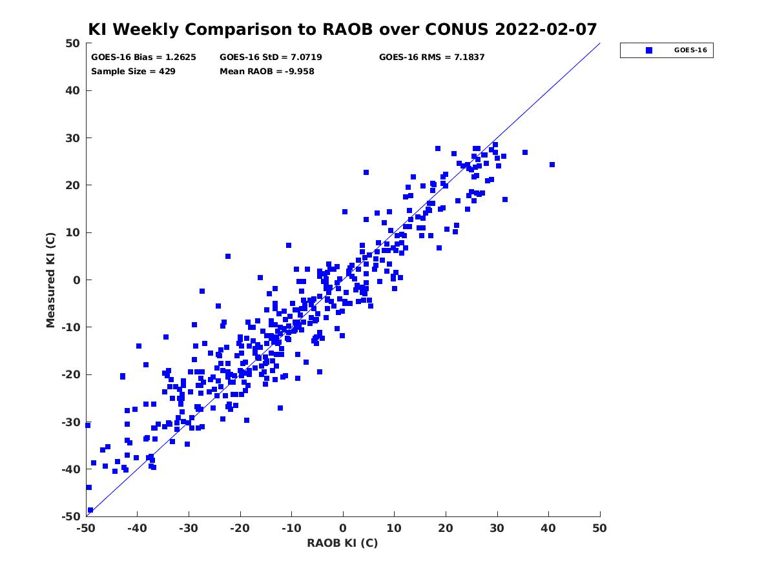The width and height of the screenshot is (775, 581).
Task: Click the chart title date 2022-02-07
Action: (546, 29)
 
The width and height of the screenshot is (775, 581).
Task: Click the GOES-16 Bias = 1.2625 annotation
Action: (143, 57)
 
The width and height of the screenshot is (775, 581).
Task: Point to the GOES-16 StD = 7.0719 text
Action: (271, 57)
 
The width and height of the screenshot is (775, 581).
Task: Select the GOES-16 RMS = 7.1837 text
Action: (431, 57)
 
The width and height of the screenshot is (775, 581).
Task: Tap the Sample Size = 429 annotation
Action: (133, 71)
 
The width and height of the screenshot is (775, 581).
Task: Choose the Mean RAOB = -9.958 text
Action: (267, 71)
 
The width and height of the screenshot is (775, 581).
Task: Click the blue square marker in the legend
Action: (648, 50)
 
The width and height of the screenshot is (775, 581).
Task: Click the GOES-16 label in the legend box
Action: (690, 50)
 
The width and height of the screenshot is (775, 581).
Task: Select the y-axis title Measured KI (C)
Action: (50, 280)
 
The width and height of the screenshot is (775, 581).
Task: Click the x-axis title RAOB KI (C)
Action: (342, 543)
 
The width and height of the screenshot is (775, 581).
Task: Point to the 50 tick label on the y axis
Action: (73, 43)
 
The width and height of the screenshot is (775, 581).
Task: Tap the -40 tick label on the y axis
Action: (71, 469)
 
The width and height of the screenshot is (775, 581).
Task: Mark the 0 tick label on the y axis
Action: (77, 280)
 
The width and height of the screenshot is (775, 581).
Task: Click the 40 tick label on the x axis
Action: (548, 528)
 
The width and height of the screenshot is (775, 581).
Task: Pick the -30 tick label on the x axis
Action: (189, 528)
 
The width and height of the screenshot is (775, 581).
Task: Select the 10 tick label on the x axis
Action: (394, 528)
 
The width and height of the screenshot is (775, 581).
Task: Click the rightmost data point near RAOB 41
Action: (552, 165)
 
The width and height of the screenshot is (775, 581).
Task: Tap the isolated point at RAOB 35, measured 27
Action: (525, 152)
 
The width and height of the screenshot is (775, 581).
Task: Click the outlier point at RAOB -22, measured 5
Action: (228, 256)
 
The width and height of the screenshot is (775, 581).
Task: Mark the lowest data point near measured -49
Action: (90, 510)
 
